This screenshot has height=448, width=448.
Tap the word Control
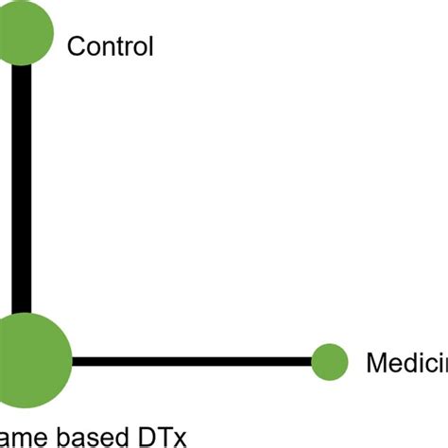pyautogui.click(x=110, y=46)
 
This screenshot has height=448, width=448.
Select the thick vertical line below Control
pyautogui.click(x=22, y=189)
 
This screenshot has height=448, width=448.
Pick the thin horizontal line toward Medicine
pyautogui.click(x=189, y=361)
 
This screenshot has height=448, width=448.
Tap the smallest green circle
pyautogui.click(x=330, y=361)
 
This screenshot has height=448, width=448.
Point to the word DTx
pyautogui.click(x=162, y=437)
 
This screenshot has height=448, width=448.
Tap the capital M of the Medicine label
pyautogui.click(x=375, y=362)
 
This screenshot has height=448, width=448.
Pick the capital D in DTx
pyautogui.click(x=145, y=437)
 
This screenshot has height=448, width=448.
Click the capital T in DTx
pyautogui.click(x=163, y=437)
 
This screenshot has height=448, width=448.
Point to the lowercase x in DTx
pyautogui.click(x=179, y=439)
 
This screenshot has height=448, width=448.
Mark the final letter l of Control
pyautogui.click(x=149, y=46)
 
